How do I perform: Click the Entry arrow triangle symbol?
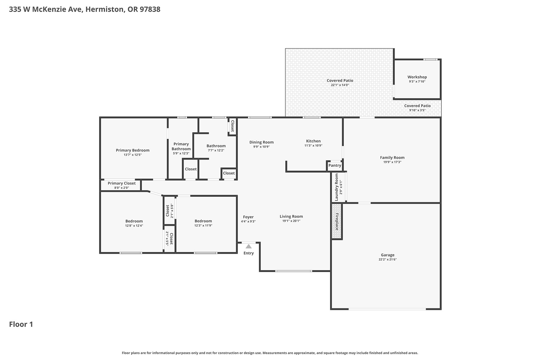tap(249, 246)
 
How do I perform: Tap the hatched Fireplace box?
tap(337, 221)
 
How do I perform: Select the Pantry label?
tap(335, 165)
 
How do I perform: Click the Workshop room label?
tap(417, 77)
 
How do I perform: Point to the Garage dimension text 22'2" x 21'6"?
tap(388, 259)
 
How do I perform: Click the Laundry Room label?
tap(337, 187)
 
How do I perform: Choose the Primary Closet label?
tap(121, 183)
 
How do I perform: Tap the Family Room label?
tap(392, 157)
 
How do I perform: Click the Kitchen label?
tap(313, 141)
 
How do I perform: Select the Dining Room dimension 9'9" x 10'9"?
tap(261, 147)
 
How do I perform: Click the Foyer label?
tap(248, 217)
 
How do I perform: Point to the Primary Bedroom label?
tap(133, 150)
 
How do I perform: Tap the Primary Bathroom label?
tap(181, 146)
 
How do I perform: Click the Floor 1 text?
tap(21, 324)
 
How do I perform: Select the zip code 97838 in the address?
tap(150, 9)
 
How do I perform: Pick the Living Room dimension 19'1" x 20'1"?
tap(291, 221)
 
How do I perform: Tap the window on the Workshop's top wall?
tap(430, 59)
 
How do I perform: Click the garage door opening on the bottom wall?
tap(387, 309)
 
